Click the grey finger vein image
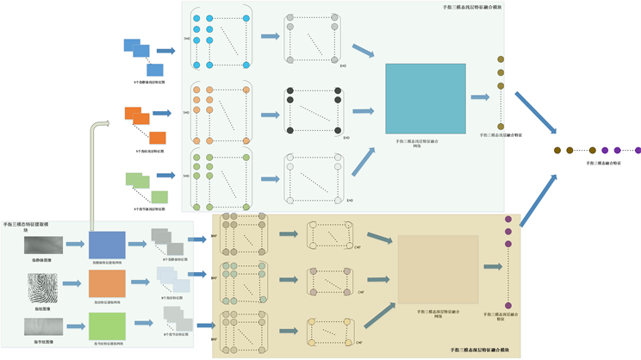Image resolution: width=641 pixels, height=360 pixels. pos(42,245)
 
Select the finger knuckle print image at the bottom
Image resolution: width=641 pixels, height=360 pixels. pos(42,326)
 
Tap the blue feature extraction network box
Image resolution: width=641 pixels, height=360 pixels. pos(107,244)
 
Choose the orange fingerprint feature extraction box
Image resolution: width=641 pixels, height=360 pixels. pos(107,284)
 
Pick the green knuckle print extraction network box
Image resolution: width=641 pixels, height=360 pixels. pos(107,326)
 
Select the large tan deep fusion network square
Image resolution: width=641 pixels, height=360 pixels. pos(437,270)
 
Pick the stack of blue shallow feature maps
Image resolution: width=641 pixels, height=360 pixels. pos(144,54)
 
